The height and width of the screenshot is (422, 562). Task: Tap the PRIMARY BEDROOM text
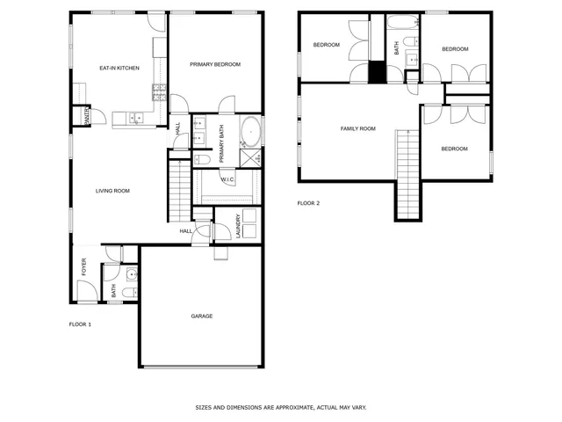214,64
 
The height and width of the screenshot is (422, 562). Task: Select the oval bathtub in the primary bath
249,131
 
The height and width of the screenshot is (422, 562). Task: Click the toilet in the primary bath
200,159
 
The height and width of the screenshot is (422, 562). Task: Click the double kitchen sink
136,117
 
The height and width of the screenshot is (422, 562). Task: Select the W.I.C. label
227,179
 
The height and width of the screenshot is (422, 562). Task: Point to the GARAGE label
202,316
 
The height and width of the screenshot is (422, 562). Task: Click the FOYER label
84,266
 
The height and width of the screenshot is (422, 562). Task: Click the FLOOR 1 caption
80,324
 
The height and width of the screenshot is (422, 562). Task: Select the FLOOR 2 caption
308,203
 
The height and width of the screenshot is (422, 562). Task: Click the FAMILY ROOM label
357,128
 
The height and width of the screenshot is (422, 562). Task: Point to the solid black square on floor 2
377,72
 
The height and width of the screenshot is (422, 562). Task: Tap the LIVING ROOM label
112,191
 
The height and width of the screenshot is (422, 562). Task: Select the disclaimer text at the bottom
280,408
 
